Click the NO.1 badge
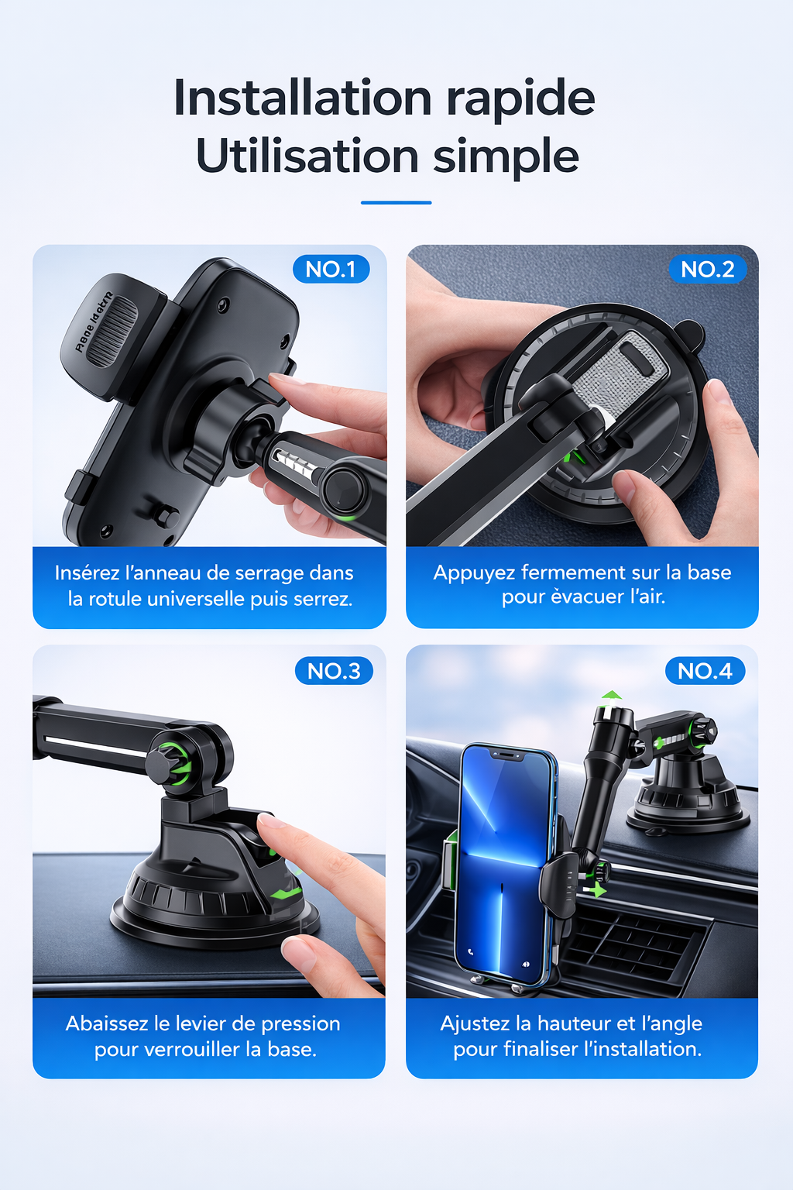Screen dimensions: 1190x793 (x=331, y=270)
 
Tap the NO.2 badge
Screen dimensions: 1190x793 (x=707, y=270)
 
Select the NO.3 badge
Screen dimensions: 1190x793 (x=334, y=671)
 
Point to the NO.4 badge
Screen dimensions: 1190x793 (x=705, y=671)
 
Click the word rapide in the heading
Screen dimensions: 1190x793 (x=520, y=99)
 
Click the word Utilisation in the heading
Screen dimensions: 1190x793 (x=307, y=156)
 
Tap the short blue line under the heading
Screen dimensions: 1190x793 (x=396, y=202)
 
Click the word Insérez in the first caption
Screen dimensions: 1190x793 (x=87, y=573)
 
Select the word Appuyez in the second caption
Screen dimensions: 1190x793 (x=474, y=573)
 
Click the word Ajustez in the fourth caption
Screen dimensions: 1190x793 (x=476, y=1023)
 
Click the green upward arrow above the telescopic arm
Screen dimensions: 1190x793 (x=611, y=695)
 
